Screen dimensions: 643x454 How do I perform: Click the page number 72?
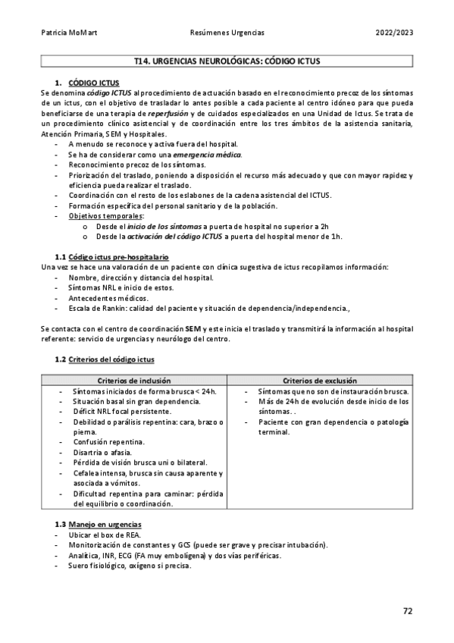coord(408,611)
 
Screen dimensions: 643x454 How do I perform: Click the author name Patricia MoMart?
coord(66,33)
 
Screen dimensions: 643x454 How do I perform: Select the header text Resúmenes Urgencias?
coord(227,33)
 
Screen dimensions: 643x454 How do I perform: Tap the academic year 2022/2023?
coord(394,33)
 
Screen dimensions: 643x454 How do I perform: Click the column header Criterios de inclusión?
coord(133,380)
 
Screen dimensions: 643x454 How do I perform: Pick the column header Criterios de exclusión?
coord(321,380)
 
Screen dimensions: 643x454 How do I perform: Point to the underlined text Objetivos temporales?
coord(105,215)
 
